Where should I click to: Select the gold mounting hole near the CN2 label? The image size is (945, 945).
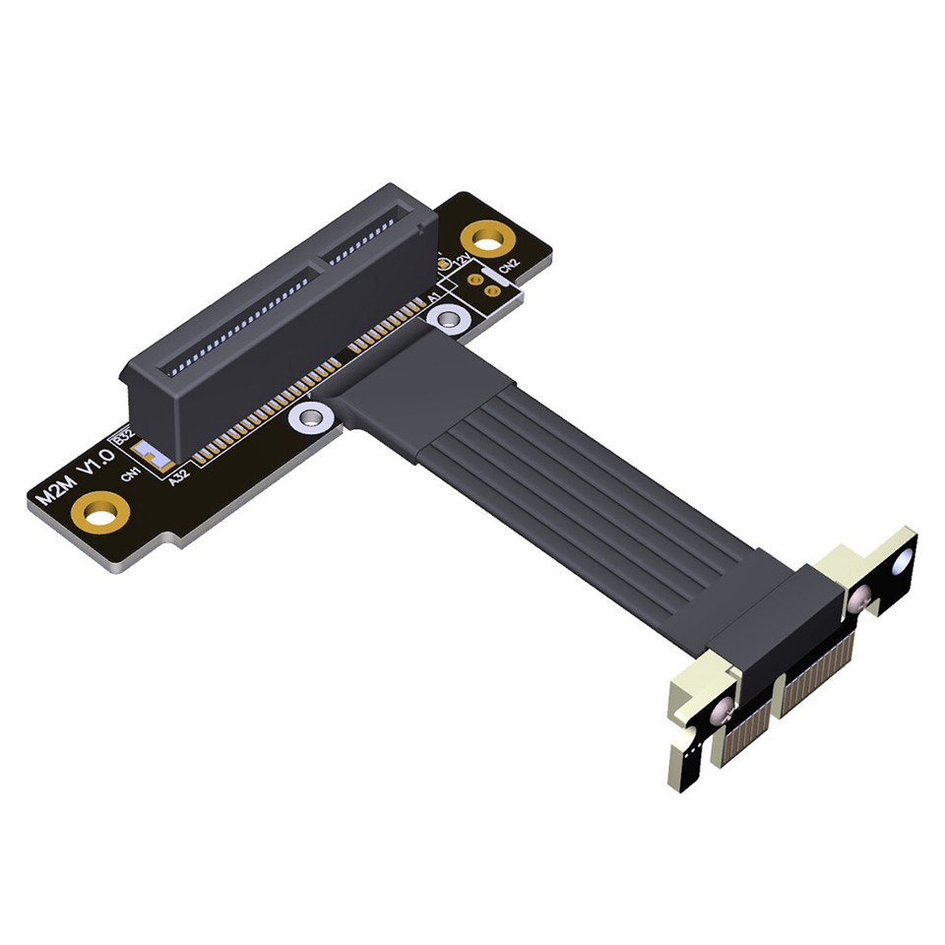486,237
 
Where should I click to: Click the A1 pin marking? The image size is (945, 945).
433,296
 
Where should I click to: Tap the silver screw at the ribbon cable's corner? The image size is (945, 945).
311,418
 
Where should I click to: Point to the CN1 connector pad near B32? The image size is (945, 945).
152,456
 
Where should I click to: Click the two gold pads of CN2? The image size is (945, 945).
481,283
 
